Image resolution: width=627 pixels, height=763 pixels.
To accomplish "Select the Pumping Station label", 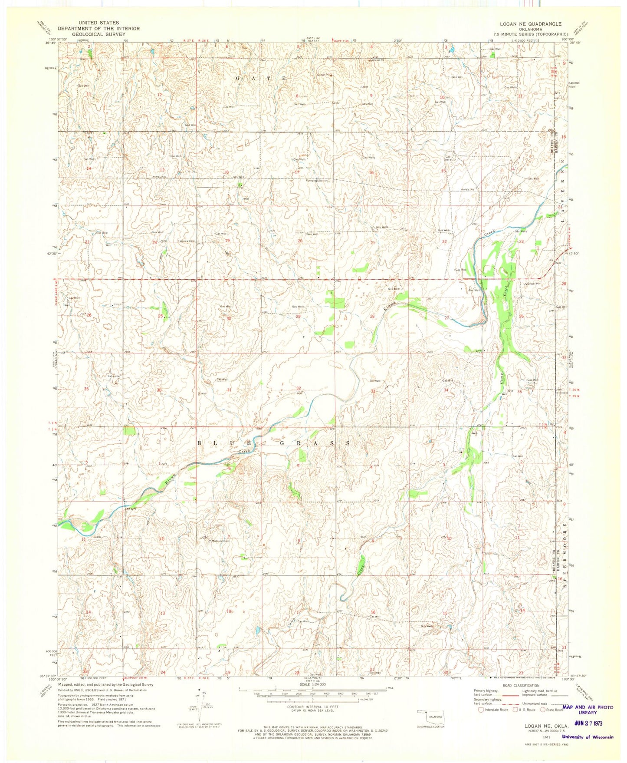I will pyautogui.click(x=315, y=181).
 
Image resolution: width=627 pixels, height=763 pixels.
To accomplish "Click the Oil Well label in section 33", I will pyautogui.click(x=375, y=381).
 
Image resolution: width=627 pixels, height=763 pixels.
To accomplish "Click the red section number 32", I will pyautogui.click(x=299, y=388).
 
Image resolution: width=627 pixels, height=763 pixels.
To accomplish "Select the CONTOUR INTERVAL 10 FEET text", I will pyautogui.click(x=312, y=719).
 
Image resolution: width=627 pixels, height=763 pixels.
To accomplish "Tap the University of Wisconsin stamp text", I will pyautogui.click(x=588, y=737).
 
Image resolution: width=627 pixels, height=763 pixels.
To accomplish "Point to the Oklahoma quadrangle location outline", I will pyautogui.click(x=430, y=716).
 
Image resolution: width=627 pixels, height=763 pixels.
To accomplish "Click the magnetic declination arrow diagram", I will pyautogui.click(x=199, y=710).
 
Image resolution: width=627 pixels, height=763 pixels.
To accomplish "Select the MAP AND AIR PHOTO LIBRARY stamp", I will pyautogui.click(x=588, y=710).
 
